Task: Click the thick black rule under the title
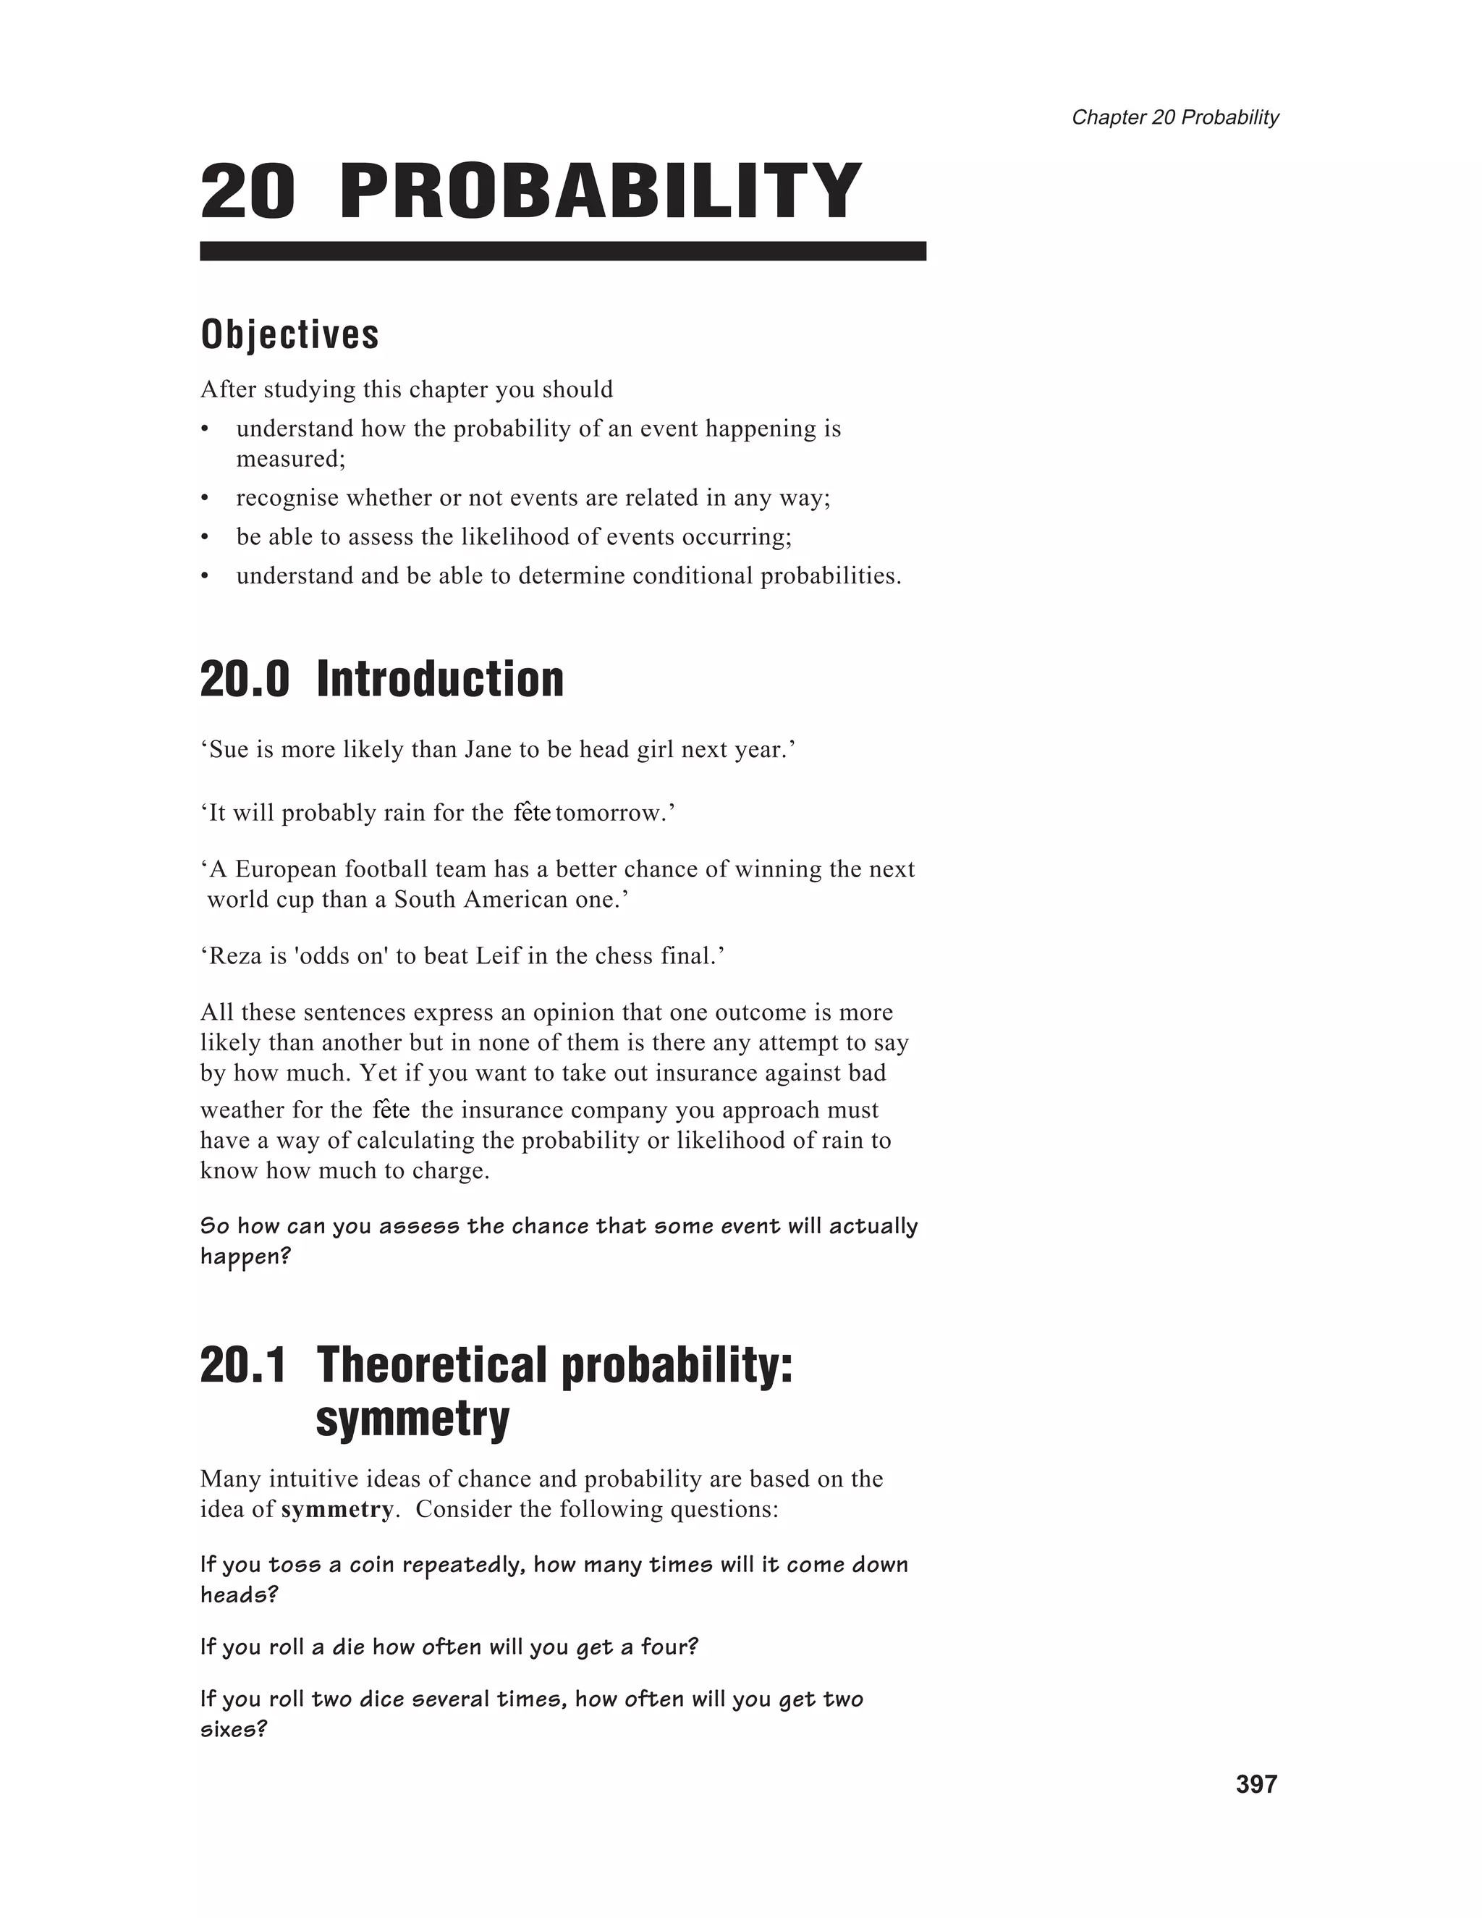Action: coord(563,251)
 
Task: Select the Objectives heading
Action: coord(289,334)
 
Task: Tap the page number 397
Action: coord(1256,1783)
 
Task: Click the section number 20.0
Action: coord(244,680)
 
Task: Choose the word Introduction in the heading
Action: coord(440,680)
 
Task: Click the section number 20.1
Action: coord(243,1365)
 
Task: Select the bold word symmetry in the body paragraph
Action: coord(337,1510)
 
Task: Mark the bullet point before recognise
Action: coord(205,499)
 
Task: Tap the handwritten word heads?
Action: coord(239,1594)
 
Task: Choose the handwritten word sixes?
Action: coord(234,1729)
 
